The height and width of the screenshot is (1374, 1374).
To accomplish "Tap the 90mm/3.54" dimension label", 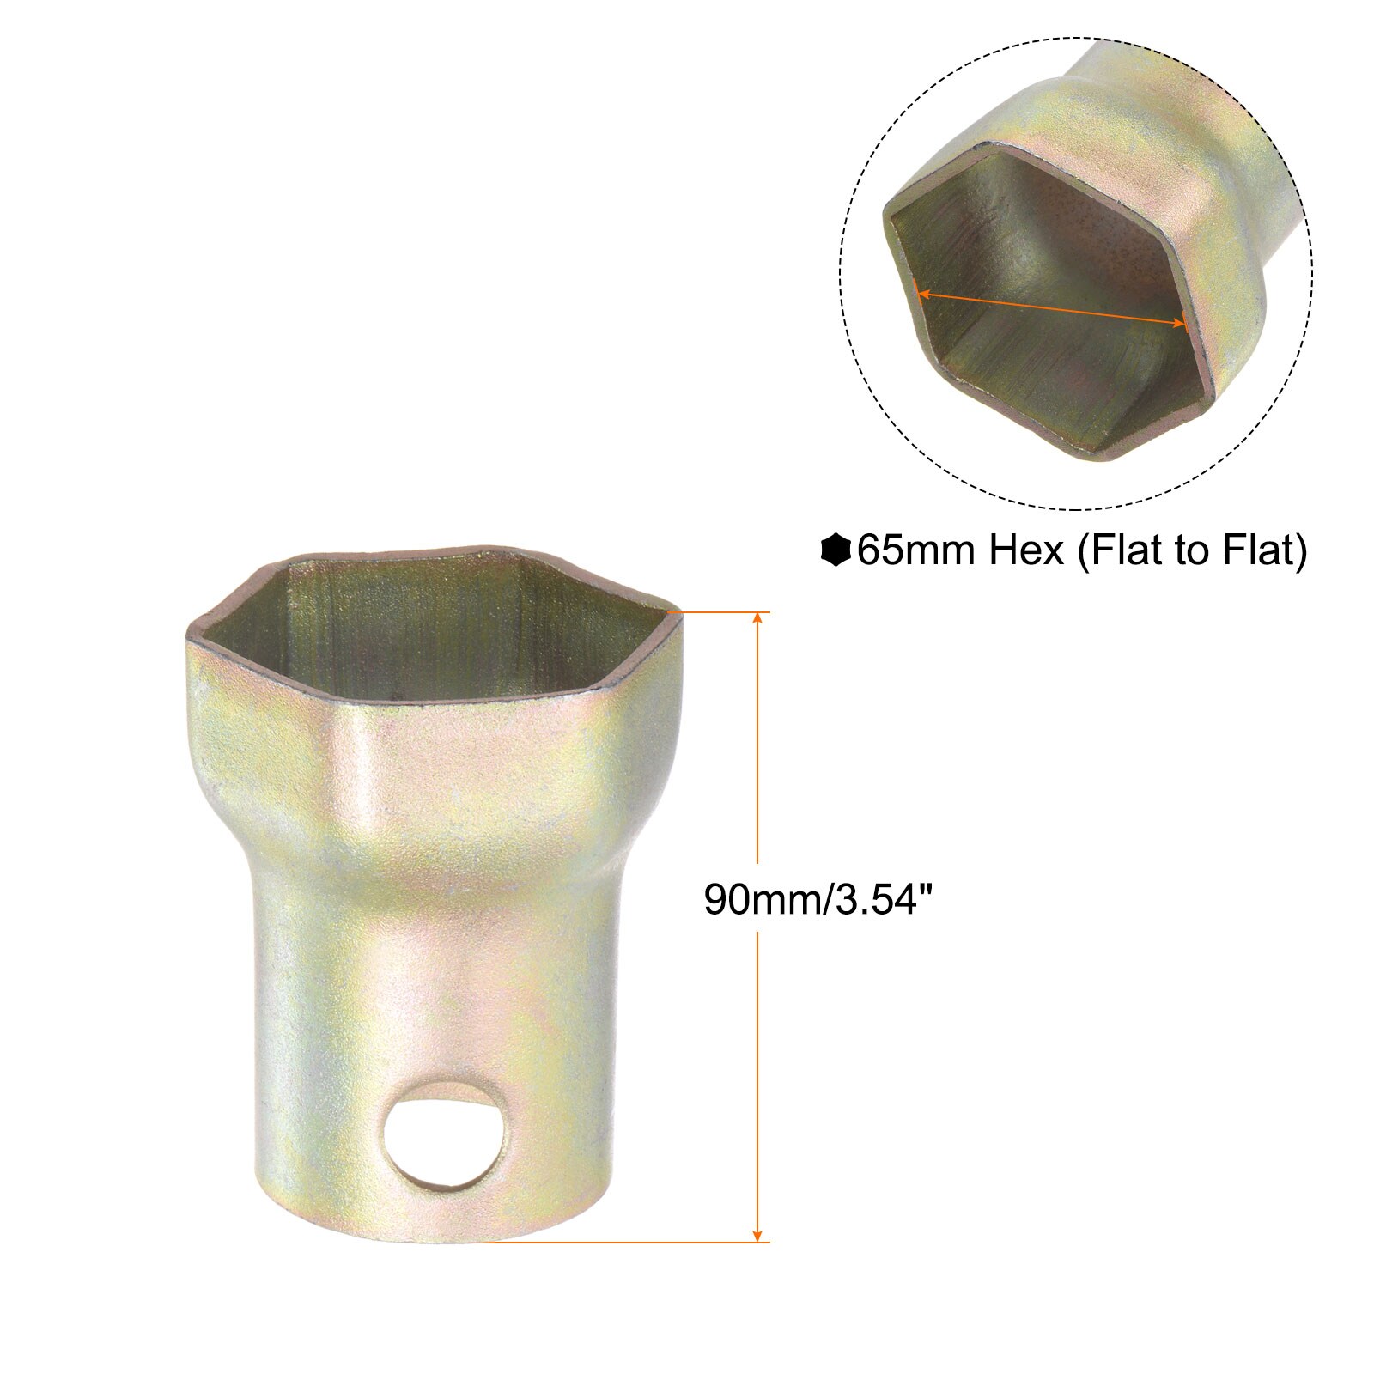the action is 817,899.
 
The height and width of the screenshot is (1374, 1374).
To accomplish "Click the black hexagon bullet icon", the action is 836,550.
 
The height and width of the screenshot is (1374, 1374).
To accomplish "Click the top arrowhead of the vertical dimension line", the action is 757,620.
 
